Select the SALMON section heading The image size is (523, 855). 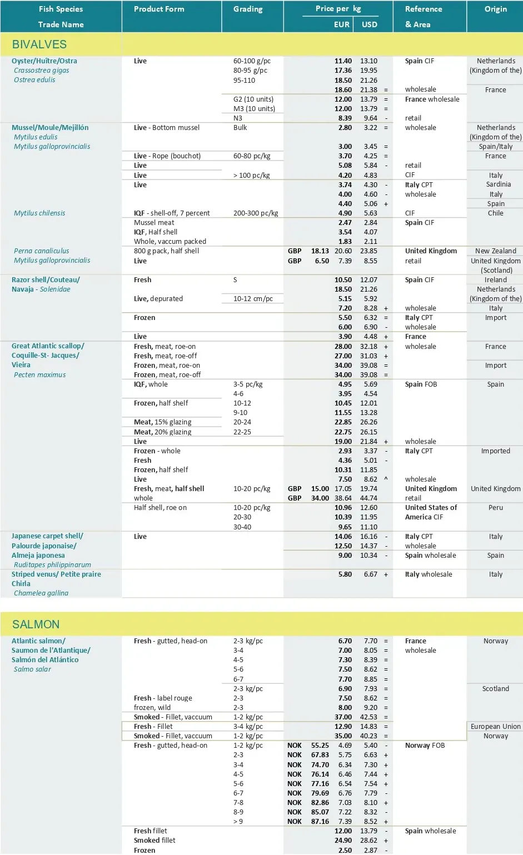(36, 624)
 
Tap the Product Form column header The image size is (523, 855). (159, 9)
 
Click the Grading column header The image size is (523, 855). (248, 9)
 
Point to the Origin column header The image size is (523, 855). (495, 9)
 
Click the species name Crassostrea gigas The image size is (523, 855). (42, 71)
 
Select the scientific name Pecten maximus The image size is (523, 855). (39, 375)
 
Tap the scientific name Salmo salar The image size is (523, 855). (32, 669)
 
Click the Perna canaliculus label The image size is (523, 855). (42, 251)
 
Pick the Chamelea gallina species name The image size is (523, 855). (41, 593)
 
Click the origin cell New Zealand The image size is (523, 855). (495, 251)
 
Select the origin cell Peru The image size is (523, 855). (495, 508)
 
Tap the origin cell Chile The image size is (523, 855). (495, 213)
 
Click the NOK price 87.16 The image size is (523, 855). (320, 822)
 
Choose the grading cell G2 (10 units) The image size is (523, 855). (253, 99)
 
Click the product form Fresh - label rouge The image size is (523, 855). (163, 698)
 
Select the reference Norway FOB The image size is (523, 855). (425, 746)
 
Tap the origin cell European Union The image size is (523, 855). (495, 727)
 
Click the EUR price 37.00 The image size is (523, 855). (343, 717)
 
